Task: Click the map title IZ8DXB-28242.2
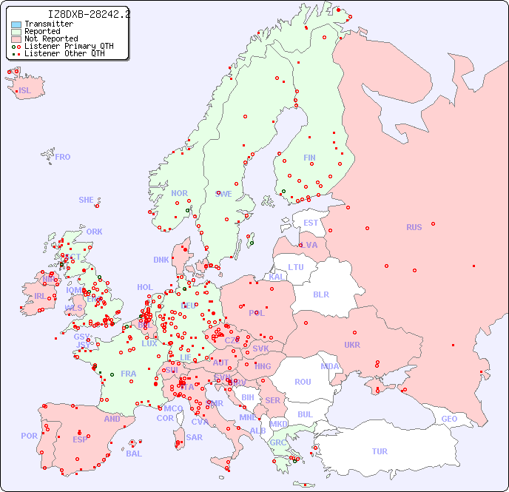[88, 14]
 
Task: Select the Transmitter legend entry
[48, 24]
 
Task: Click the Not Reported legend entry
[50, 38]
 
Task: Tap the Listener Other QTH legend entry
[65, 53]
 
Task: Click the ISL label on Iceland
[25, 91]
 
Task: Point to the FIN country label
[309, 158]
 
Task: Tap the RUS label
[414, 227]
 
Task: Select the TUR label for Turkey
[380, 451]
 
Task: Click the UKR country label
[352, 345]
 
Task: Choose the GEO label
[449, 419]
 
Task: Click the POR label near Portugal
[29, 436]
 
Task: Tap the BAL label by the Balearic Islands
[134, 454]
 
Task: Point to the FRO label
[63, 157]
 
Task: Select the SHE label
[87, 200]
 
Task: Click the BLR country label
[320, 294]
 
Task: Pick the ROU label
[303, 382]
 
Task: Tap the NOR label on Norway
[179, 193]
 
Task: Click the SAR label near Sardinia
[194, 437]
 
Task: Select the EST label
[311, 223]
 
